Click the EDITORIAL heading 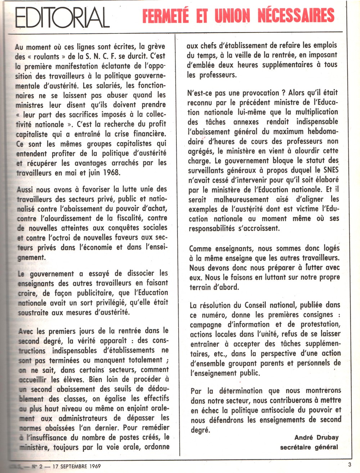pyautogui.click(x=63, y=18)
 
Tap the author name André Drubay pyautogui.click(x=316, y=438)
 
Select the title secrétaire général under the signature pyautogui.click(x=309, y=447)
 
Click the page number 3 pyautogui.click(x=350, y=464)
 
